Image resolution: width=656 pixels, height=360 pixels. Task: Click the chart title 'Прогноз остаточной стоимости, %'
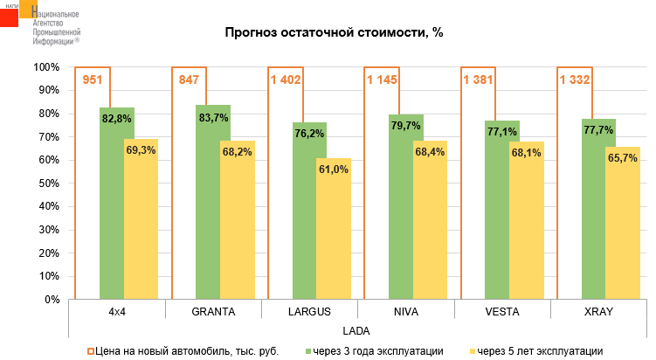tap(335, 33)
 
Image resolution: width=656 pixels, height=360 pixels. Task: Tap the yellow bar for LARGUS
tap(333, 236)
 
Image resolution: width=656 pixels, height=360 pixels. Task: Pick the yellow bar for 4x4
tap(141, 227)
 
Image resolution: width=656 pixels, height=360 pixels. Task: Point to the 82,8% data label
tap(116, 119)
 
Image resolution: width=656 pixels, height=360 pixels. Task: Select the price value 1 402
tap(286, 80)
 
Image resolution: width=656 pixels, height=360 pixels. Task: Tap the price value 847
tap(189, 80)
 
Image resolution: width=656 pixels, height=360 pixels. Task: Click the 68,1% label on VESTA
tap(527, 152)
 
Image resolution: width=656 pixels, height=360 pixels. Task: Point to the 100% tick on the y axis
tap(45, 67)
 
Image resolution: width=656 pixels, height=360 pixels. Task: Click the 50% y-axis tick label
tap(47, 183)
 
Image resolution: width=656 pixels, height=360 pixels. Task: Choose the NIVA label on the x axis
tap(405, 311)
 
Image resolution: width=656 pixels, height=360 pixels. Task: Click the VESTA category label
tap(501, 311)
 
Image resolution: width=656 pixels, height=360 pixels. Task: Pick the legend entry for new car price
tap(183, 350)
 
